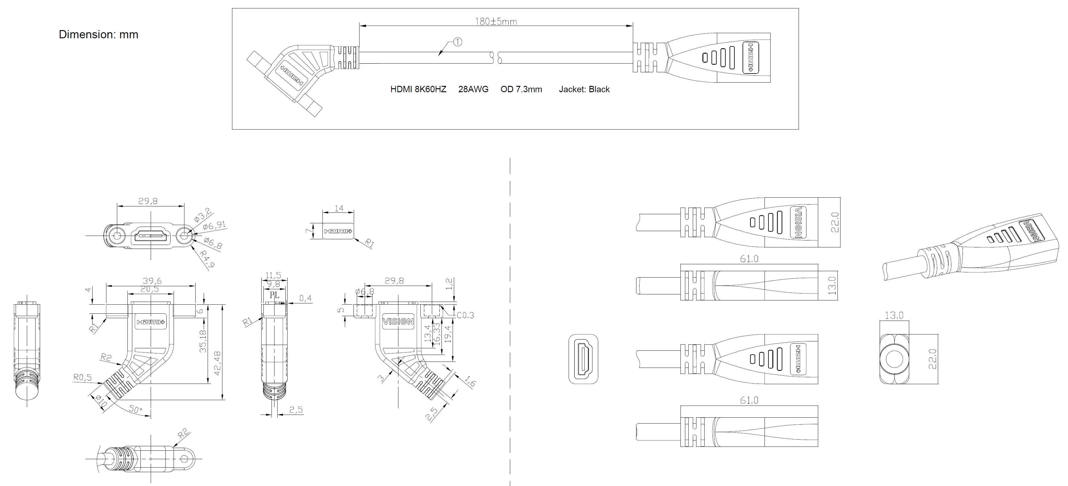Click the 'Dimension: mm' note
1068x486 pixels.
click(x=98, y=34)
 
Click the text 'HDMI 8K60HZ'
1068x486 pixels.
click(x=418, y=89)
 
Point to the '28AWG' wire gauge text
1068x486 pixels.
click(x=473, y=89)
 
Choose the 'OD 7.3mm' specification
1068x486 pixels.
click(x=521, y=89)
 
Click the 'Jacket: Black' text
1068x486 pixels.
click(x=584, y=89)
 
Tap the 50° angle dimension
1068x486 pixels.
click(x=135, y=409)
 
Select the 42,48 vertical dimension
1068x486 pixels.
click(x=217, y=363)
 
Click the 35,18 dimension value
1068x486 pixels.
click(x=203, y=341)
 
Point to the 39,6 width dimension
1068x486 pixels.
click(x=152, y=281)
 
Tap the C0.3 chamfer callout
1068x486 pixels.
click(x=465, y=315)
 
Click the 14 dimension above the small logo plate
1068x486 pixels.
click(x=339, y=208)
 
